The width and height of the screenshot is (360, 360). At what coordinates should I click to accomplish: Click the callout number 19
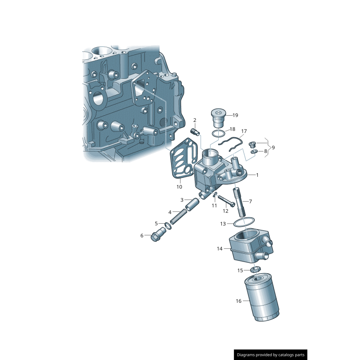[x=235, y=116]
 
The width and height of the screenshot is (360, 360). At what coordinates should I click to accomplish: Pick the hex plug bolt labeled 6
[x=158, y=235]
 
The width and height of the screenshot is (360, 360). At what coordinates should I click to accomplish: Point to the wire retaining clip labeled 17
[x=232, y=144]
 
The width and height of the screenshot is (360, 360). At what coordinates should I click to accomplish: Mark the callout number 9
[x=273, y=148]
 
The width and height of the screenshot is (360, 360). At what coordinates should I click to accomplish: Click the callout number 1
[x=257, y=175]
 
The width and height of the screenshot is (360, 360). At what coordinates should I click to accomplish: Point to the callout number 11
[x=215, y=206]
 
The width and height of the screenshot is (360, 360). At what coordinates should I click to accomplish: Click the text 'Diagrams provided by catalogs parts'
[x=271, y=355]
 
